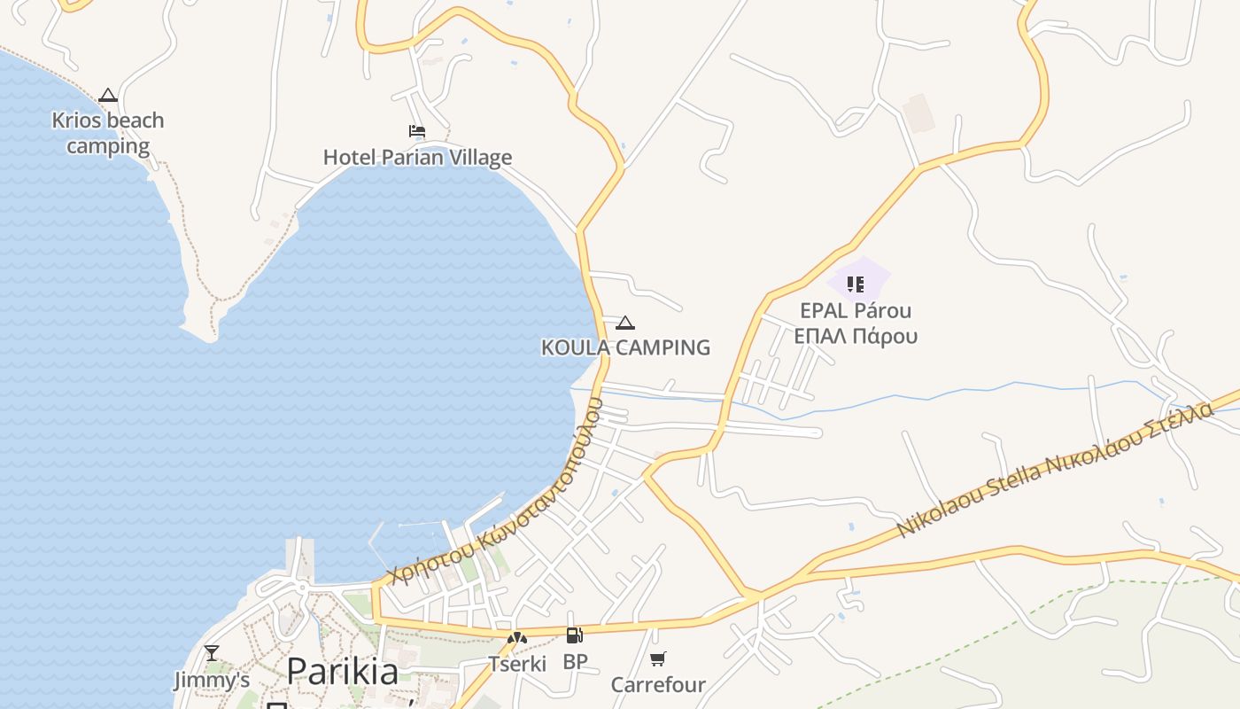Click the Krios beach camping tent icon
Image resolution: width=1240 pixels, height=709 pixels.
(108, 95)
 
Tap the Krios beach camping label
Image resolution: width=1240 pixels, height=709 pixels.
(108, 133)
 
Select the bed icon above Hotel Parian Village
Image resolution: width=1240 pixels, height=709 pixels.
(417, 131)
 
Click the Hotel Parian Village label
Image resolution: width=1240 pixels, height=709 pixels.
(417, 158)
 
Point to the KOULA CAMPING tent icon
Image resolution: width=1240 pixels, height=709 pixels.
(625, 323)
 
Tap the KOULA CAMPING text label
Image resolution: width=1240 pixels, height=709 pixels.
(625, 347)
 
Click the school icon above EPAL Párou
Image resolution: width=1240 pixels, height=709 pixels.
(856, 284)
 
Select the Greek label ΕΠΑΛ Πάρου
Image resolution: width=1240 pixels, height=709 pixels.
(856, 336)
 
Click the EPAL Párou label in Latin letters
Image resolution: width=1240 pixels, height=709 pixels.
(856, 311)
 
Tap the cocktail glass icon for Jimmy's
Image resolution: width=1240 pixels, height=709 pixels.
(212, 653)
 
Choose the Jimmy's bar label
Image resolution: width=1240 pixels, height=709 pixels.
(212, 680)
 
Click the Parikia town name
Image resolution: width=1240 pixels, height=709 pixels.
(343, 671)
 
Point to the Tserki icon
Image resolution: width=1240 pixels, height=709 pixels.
(517, 637)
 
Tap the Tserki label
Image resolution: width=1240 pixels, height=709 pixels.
(517, 663)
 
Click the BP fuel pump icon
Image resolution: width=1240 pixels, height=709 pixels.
(575, 635)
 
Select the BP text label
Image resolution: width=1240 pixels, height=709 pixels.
(575, 662)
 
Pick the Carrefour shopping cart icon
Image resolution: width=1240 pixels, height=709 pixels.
(658, 658)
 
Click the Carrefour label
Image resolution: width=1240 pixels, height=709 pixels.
(658, 684)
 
